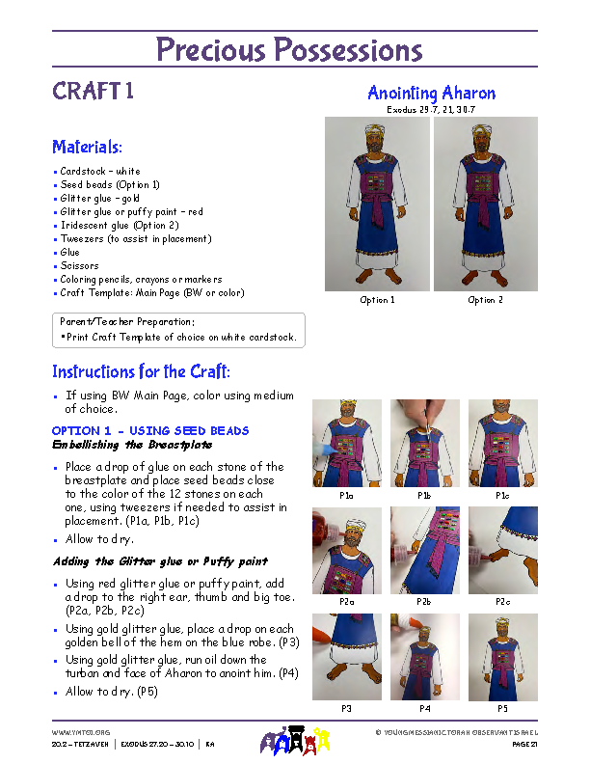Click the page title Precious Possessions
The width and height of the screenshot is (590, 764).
[289, 49]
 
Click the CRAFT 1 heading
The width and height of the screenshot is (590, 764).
[93, 93]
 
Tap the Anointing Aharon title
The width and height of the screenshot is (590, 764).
[431, 94]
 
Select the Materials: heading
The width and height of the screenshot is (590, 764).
[87, 148]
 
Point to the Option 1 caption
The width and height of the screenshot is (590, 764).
[377, 300]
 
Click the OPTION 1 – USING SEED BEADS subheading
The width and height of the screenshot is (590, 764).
[149, 430]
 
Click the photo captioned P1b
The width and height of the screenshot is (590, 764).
[424, 444]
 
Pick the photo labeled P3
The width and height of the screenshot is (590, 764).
[346, 657]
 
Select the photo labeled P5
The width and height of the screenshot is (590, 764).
[502, 657]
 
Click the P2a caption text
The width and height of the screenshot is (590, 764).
[346, 601]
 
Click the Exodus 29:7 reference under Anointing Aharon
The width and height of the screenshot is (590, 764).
[431, 110]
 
